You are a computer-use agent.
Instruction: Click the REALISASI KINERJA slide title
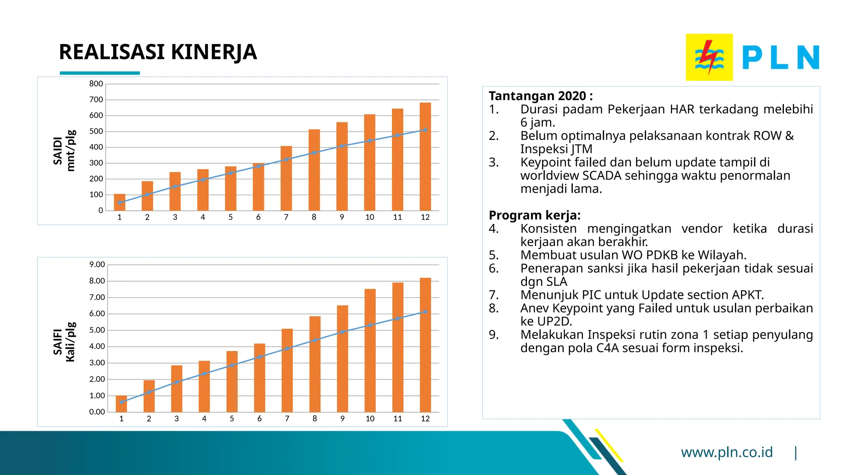[158, 52]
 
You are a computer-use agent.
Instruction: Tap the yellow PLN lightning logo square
[709, 57]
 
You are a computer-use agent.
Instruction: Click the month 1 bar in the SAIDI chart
[120, 202]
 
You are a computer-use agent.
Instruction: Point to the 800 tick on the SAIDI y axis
[96, 84]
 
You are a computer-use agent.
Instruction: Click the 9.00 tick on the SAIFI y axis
[97, 264]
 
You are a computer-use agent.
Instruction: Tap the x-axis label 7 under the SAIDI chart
[286, 217]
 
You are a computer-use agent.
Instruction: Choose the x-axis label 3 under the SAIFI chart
[177, 419]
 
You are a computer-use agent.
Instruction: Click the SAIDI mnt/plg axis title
[64, 150]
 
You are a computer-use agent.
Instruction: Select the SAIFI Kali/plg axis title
[64, 342]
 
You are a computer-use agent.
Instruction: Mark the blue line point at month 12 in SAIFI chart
[425, 312]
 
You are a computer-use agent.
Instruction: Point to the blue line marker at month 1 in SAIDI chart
[120, 202]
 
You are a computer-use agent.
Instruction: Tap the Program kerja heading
[534, 215]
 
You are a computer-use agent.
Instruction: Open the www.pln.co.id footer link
[727, 452]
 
